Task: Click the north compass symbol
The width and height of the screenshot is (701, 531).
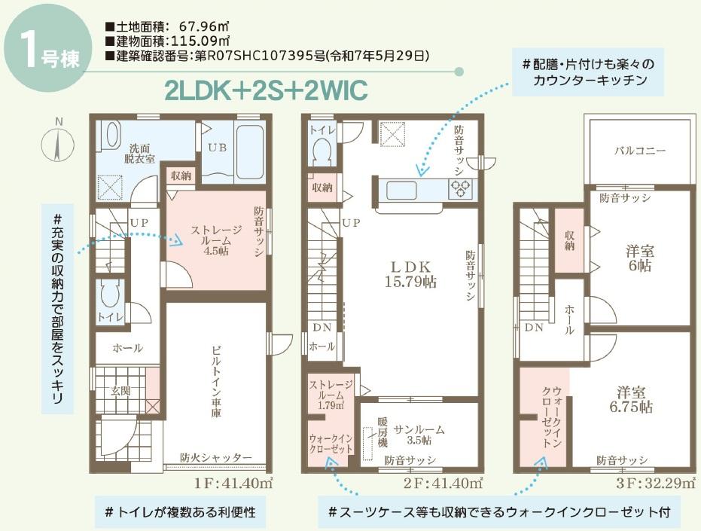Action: [58, 142]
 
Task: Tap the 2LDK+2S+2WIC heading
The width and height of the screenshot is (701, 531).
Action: [267, 90]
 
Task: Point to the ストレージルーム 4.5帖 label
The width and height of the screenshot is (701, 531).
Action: [216, 240]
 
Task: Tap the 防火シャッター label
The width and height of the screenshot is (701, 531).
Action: [216, 457]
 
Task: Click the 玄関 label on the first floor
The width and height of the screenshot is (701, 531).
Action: [120, 391]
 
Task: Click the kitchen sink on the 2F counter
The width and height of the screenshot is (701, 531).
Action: [401, 190]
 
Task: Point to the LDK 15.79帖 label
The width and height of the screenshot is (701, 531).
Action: [411, 274]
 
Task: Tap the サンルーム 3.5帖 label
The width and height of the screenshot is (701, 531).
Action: [419, 435]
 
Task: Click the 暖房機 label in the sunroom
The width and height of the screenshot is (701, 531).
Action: [383, 432]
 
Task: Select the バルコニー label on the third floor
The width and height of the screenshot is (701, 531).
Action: [640, 151]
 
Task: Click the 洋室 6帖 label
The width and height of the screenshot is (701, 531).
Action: [640, 258]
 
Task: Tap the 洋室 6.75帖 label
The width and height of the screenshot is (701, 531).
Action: [631, 399]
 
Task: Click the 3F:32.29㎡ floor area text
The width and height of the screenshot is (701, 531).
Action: [654, 483]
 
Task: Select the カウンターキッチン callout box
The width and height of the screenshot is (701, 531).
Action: [587, 72]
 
